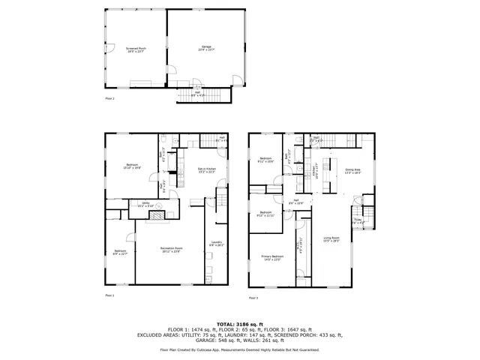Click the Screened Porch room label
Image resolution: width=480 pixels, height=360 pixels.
[x=136, y=49]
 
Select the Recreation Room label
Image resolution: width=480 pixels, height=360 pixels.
[x=170, y=250]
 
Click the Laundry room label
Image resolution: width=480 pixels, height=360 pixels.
[x=216, y=243]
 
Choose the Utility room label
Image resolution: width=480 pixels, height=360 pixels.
[x=145, y=203]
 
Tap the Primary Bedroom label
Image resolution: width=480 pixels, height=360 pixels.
[x=271, y=258]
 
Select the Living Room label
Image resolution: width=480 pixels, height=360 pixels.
[x=331, y=239]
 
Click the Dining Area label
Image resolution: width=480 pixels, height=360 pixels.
[x=352, y=172]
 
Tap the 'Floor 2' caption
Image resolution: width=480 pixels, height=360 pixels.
[x=109, y=98]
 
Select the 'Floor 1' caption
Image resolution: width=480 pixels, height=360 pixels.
[x=109, y=295]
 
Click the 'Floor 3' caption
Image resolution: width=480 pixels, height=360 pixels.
[x=253, y=298]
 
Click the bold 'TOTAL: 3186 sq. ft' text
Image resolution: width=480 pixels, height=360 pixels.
[x=239, y=323]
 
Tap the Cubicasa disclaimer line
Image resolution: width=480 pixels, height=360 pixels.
[x=239, y=349]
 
